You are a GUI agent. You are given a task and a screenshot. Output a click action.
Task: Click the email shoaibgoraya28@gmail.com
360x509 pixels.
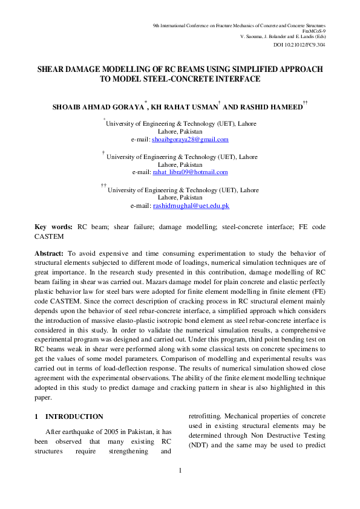point(190,140)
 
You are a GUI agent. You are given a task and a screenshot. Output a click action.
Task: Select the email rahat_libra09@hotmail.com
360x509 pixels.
point(189,172)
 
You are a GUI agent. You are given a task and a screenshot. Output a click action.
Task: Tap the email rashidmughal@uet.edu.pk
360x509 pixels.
point(191,206)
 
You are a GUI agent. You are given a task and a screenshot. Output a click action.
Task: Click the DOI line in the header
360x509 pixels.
point(300,45)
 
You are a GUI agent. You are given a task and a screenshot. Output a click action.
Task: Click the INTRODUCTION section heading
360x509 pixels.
point(74,417)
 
